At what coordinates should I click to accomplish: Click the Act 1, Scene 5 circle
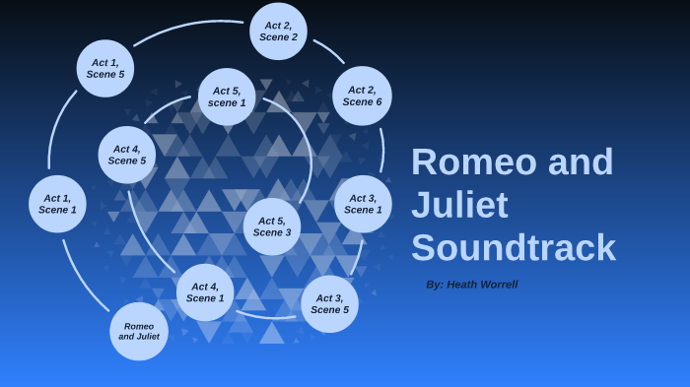(x=105, y=68)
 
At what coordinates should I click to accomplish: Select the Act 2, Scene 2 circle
(x=278, y=31)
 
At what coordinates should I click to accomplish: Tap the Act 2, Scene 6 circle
(x=362, y=96)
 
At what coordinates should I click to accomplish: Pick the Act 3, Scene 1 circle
(x=363, y=204)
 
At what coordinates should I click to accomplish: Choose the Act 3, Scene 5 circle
(x=329, y=303)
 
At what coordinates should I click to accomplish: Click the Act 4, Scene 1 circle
(x=205, y=292)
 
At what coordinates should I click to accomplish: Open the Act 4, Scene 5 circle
(x=127, y=155)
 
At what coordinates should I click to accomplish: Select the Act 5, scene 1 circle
(x=227, y=97)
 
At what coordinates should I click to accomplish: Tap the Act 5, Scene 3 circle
(x=272, y=226)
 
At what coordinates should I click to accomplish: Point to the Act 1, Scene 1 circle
(x=57, y=204)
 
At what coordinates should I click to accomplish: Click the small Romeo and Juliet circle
(x=139, y=331)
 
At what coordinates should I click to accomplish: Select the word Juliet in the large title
(x=459, y=205)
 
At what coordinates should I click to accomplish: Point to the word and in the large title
(x=581, y=162)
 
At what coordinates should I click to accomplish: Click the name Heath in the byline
(x=462, y=285)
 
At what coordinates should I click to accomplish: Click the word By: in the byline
(x=435, y=285)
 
